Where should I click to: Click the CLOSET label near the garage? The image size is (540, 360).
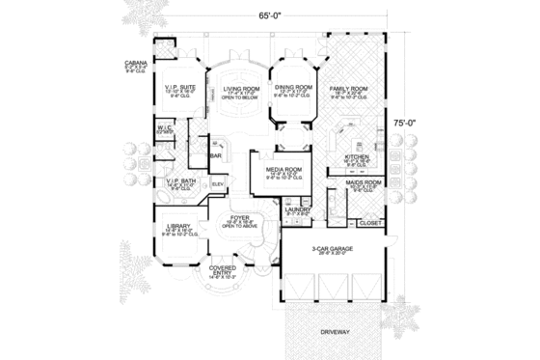click(369, 223)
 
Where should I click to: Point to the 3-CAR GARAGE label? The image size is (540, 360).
click(331, 248)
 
